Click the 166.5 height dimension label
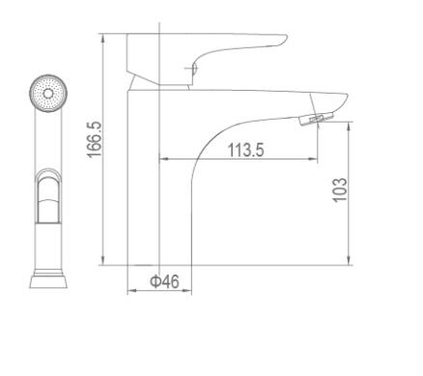95,139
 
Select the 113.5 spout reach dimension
245,150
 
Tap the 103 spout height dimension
340,190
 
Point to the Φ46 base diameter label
164,281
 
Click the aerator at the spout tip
317,118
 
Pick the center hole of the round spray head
48,94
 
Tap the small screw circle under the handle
194,69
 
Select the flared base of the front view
48,281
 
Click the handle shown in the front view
48,197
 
